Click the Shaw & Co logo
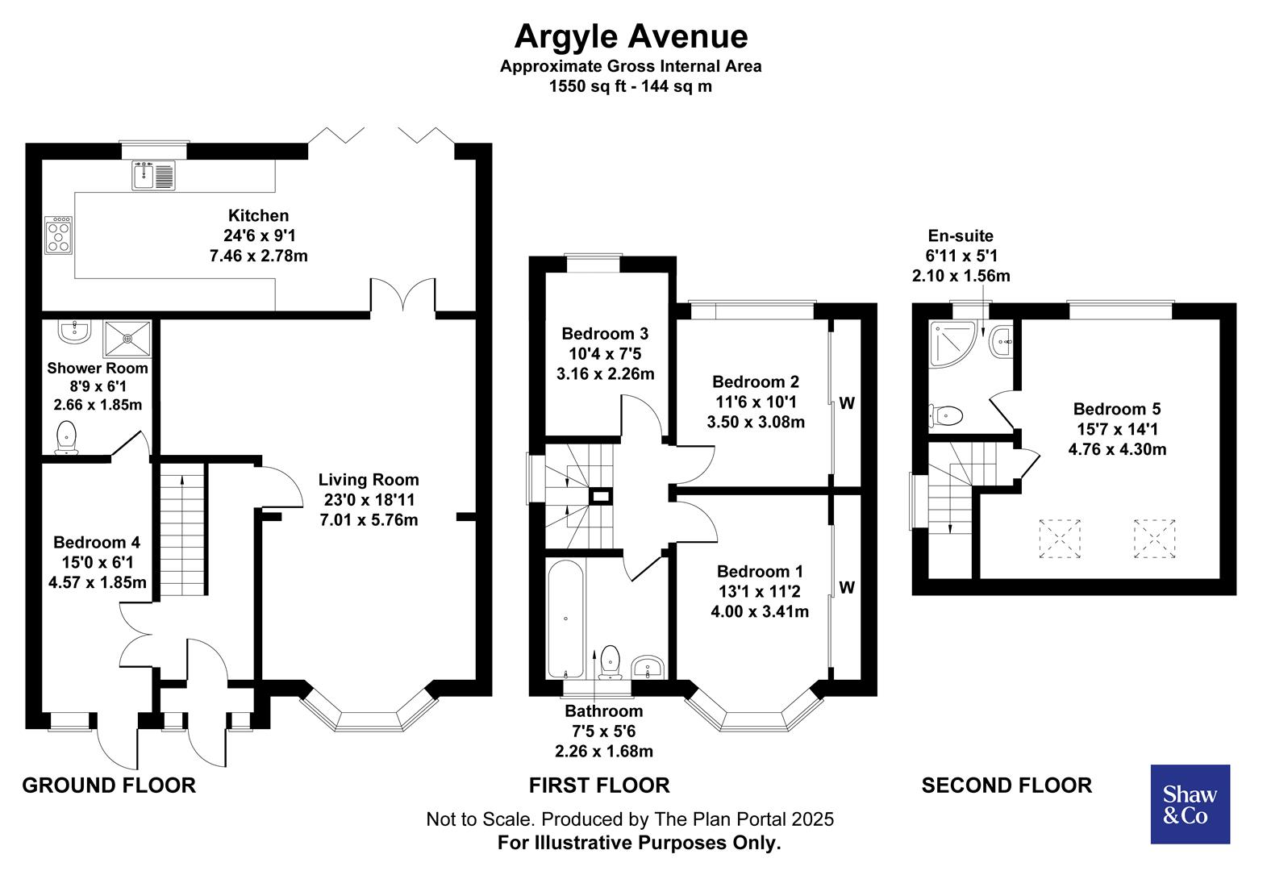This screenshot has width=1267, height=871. tap(1189, 804)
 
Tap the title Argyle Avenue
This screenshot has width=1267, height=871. tap(631, 36)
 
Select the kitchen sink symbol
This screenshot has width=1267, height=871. tap(153, 176)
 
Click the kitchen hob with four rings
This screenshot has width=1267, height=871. tap(59, 235)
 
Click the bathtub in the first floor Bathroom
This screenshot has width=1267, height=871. tap(565, 619)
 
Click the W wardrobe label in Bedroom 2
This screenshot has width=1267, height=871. tap(846, 403)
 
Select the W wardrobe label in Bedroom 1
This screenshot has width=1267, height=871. tap(846, 587)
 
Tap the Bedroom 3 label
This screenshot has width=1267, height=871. tap(605, 333)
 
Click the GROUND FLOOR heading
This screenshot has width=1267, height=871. tap(109, 785)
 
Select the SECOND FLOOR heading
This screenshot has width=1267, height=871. tap(1007, 785)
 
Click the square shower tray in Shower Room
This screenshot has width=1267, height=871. tap(127, 339)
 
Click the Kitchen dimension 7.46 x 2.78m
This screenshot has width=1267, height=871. tap(258, 256)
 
